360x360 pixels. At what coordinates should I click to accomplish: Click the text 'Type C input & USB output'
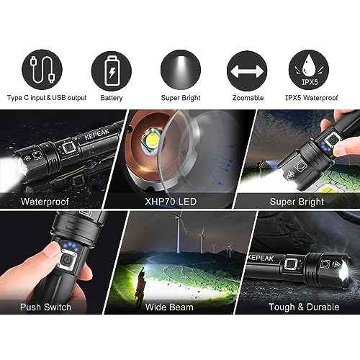(46, 98)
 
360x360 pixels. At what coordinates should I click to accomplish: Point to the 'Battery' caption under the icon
(112, 98)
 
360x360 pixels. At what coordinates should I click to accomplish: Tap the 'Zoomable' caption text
(247, 98)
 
